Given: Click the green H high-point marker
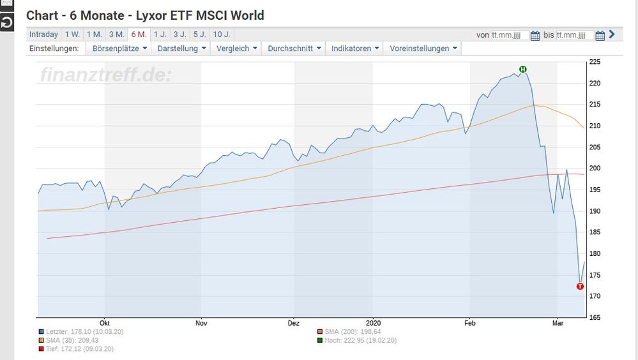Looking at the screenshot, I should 522,69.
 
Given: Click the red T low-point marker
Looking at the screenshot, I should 580,287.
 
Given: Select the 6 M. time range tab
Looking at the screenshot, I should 139,34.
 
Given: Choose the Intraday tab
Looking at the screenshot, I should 43,34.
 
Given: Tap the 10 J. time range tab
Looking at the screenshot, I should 222,34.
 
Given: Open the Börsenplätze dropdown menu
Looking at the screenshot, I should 119,49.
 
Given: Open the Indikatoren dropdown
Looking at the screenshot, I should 354,49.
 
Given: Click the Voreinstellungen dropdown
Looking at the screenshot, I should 423,49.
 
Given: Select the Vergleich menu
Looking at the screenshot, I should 236,49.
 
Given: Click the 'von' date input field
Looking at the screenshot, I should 510,35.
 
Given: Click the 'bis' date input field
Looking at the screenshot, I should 575,35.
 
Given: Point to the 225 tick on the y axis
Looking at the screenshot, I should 594,62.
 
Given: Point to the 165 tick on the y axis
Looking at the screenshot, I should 594,317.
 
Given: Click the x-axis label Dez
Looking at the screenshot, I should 294,323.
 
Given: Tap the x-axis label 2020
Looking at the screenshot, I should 374,323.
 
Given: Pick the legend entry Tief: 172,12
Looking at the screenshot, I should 74,349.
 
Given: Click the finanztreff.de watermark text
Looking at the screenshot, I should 106,75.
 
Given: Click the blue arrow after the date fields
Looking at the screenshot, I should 612,34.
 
